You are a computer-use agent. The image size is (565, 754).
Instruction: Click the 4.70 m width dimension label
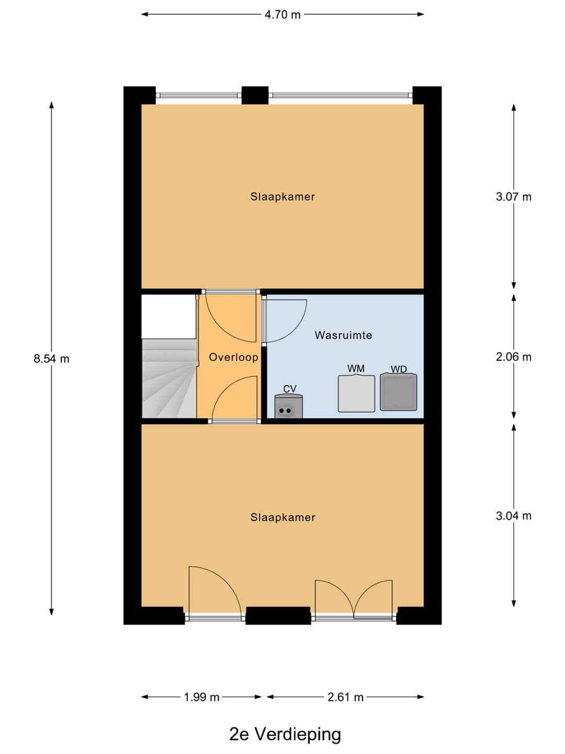[282, 15]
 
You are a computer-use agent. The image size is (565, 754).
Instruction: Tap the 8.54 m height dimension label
[51, 359]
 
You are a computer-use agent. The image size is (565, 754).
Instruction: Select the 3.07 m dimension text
[513, 197]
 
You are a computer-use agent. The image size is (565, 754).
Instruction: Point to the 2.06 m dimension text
[513, 357]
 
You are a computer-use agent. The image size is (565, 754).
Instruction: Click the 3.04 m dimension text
[513, 515]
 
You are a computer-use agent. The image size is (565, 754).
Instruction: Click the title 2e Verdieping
[285, 735]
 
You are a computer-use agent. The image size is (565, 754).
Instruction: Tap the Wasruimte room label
[343, 335]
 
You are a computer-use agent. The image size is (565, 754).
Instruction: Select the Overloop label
[234, 357]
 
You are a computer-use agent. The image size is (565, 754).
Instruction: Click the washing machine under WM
[356, 393]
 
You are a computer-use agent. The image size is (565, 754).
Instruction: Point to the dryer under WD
[398, 392]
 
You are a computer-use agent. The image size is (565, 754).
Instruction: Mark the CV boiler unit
[288, 406]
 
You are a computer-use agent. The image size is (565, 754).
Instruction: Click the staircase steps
[169, 378]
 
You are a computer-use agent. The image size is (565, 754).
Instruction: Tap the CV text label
[289, 389]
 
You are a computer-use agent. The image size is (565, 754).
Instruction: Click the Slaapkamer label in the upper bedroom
[282, 197]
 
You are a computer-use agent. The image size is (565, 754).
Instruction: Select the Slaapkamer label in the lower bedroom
[282, 517]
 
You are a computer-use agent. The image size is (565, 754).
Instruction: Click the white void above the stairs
[168, 316]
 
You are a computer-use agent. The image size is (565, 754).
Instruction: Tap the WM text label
[356, 369]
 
